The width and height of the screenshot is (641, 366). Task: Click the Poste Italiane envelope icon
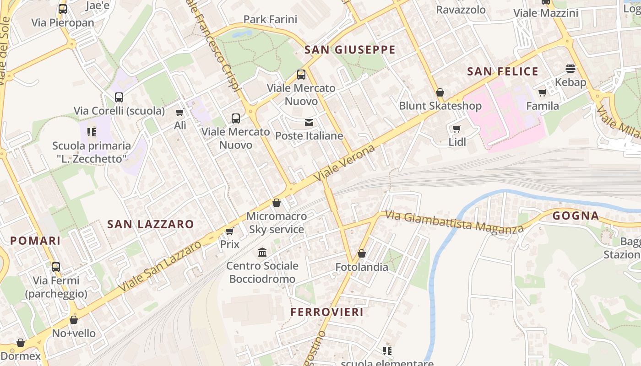(309, 123)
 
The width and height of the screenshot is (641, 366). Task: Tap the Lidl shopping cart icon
(456, 129)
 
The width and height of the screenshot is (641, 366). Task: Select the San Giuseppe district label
(350, 50)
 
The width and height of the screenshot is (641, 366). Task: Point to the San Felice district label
(502, 71)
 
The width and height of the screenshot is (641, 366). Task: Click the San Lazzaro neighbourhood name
(151, 224)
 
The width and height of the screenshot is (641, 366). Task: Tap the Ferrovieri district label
(327, 312)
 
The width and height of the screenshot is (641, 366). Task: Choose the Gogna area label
(576, 216)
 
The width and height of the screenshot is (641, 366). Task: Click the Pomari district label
(35, 241)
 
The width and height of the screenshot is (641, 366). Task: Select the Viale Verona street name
(345, 163)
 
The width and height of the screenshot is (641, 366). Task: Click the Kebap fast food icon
(570, 69)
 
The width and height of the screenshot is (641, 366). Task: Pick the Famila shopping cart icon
(543, 93)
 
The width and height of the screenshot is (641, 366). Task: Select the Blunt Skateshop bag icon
(440, 92)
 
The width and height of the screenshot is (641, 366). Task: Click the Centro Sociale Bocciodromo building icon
(262, 252)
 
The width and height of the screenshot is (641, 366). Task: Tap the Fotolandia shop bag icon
(362, 253)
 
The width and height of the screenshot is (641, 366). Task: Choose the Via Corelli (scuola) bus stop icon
(119, 97)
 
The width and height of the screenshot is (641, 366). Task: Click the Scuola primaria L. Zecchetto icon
(91, 132)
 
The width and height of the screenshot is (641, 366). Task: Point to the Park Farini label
(270, 19)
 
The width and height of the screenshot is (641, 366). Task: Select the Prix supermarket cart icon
(230, 231)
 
